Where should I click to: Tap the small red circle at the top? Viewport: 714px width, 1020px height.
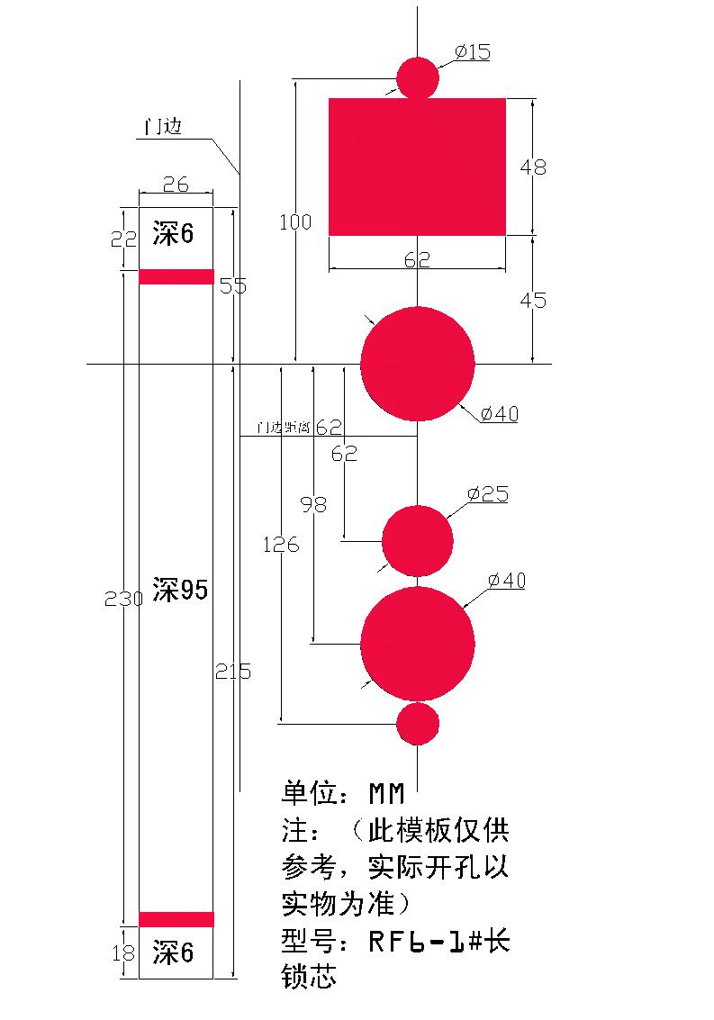[x=418, y=77]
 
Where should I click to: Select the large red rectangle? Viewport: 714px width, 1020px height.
[x=417, y=167]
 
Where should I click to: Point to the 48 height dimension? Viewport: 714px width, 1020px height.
[x=533, y=167]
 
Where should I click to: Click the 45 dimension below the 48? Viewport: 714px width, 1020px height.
[x=533, y=300]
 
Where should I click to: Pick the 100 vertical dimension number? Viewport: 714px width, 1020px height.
[x=295, y=222]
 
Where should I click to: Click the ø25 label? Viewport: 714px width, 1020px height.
[x=487, y=494]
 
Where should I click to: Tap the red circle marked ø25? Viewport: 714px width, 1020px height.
[x=418, y=541]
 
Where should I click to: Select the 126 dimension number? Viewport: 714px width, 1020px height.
[x=281, y=545]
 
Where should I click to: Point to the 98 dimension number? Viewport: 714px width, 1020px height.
[x=313, y=505]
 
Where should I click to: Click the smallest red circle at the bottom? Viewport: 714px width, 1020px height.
[x=418, y=724]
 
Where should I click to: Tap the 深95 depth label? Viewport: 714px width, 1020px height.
[x=180, y=591]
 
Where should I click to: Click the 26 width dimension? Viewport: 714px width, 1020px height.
[x=176, y=185]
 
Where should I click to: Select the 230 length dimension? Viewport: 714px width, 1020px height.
[x=123, y=599]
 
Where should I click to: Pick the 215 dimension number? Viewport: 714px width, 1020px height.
[x=233, y=671]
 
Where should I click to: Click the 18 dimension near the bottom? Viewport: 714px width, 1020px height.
[x=123, y=952]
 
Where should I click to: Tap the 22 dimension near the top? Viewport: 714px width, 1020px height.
[x=124, y=239]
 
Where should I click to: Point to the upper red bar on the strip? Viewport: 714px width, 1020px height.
[x=176, y=276]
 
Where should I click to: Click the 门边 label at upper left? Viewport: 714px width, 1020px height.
[x=165, y=127]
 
